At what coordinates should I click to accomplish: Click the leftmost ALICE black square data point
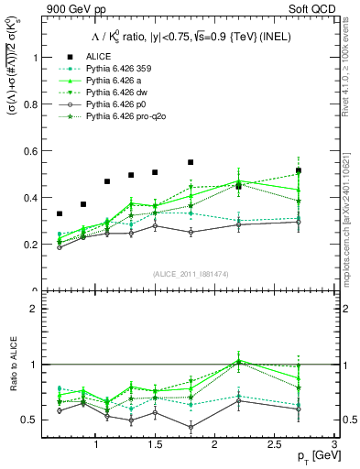tap(60, 213)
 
